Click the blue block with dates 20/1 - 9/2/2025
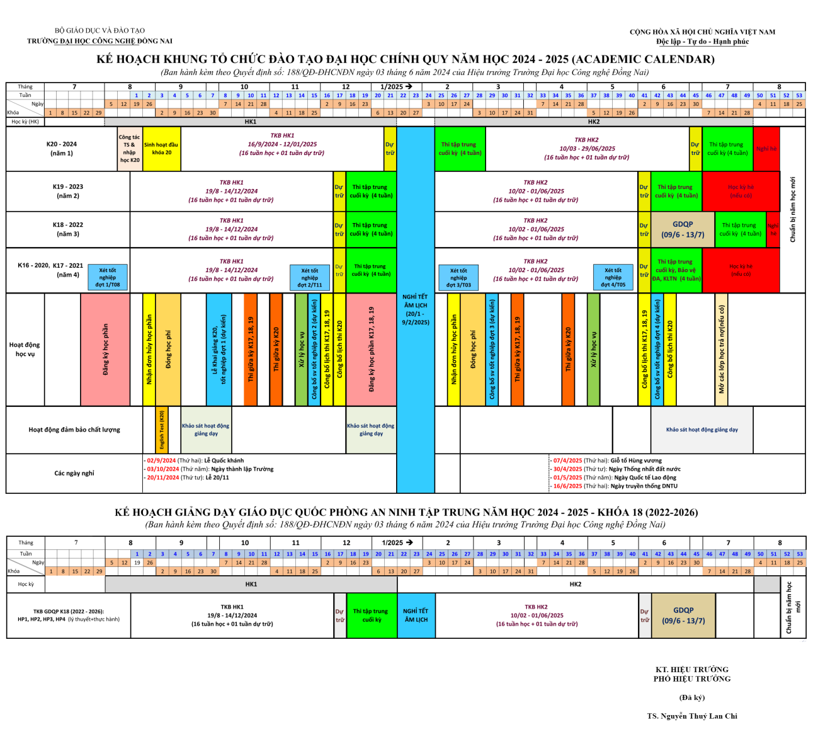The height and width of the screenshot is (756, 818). point(416,309)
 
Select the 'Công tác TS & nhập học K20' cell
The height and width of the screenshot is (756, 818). point(130,149)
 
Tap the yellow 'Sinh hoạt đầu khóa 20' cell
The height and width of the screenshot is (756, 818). point(161,149)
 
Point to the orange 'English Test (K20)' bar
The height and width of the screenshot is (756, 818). point(162,430)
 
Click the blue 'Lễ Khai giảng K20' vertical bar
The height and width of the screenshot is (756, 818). point(219,350)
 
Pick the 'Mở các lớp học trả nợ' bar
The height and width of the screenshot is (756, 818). point(722,350)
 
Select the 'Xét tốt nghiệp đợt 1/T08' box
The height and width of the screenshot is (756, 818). point(107,277)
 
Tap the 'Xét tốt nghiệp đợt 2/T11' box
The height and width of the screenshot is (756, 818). point(309,277)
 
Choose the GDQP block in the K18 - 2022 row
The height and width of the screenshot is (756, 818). point(683,229)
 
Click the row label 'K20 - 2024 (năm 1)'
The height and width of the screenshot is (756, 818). point(62,149)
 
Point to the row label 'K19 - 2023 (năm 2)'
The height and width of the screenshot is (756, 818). point(68,191)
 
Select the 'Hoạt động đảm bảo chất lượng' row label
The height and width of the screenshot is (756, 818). point(74,430)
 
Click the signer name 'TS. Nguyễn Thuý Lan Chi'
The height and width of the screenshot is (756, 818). point(692,716)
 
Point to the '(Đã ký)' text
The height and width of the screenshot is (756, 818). point(692,697)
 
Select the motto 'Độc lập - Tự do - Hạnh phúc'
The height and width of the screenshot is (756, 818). point(703,42)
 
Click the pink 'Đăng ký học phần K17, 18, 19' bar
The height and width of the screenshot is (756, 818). point(371,350)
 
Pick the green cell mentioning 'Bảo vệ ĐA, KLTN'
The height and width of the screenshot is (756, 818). point(676,270)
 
